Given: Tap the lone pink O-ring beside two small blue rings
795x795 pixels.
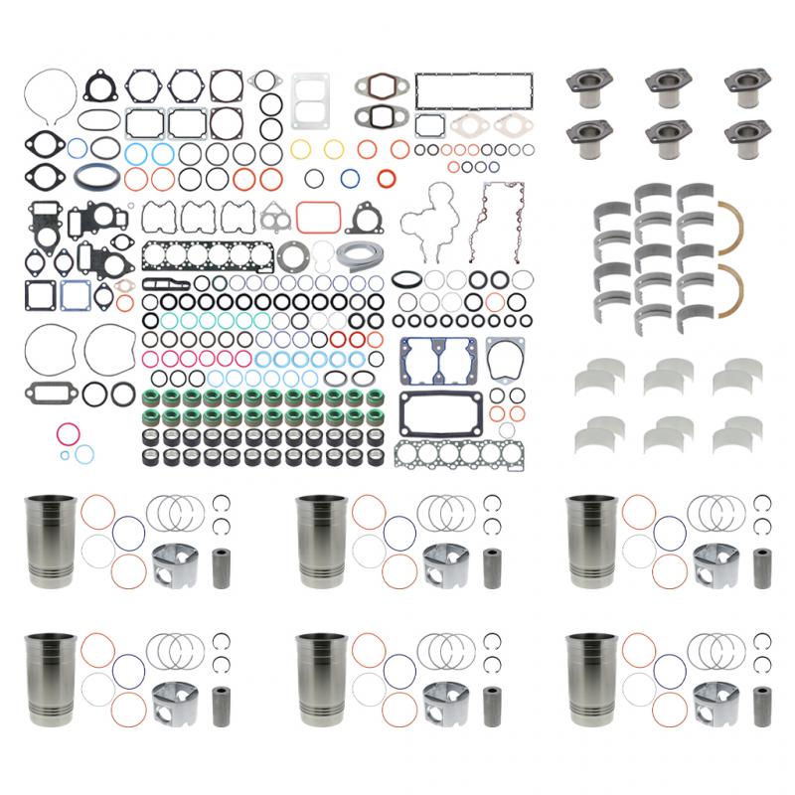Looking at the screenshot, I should point(69,434).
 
